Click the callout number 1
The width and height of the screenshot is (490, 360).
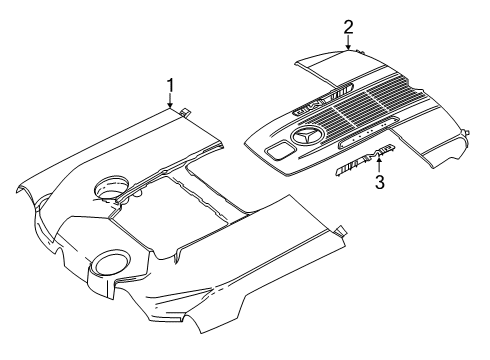point(170,86)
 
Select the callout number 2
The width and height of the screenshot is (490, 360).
point(348,27)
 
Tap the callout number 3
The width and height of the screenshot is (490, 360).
point(380,182)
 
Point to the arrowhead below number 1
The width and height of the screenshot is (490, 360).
point(170,105)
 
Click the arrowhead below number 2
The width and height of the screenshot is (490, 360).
point(348,47)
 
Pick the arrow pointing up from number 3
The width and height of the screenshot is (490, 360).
point(379,165)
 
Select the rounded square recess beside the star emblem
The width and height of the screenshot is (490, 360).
point(279,149)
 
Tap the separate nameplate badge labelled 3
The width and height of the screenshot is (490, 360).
point(365,160)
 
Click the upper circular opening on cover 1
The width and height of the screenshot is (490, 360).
point(111,188)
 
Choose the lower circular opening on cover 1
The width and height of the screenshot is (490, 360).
point(109,261)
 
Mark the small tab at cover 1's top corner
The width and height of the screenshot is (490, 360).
point(184,112)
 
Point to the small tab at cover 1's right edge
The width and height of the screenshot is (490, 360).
point(340,231)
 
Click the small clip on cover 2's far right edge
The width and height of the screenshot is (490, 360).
point(467,132)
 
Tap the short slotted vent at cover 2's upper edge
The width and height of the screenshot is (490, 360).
point(342,89)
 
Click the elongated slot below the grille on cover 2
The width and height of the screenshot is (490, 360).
point(367,132)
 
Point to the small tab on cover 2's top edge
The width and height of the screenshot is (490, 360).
point(359,51)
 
